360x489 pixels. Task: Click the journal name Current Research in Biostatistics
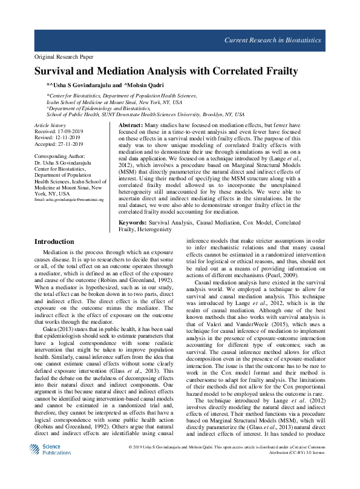(x=273, y=40)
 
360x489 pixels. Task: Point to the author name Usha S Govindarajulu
(x=83, y=85)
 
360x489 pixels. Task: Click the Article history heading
(x=50, y=124)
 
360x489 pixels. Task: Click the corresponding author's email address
(x=69, y=199)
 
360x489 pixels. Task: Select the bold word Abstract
(x=130, y=123)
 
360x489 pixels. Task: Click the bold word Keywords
(x=133, y=223)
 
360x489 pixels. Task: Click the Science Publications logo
(x=51, y=466)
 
